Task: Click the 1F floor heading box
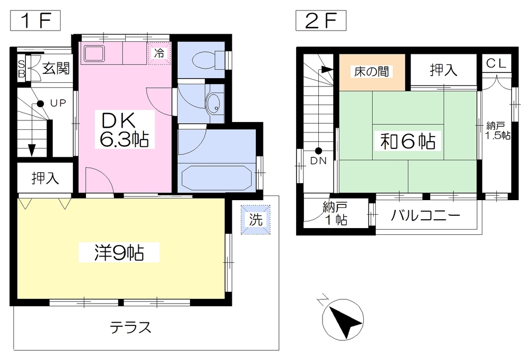35,21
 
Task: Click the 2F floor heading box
321,21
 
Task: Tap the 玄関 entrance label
56,69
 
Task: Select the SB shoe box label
21,69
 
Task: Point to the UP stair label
58,103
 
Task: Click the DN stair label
318,161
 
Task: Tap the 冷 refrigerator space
159,53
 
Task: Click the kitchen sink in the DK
94,53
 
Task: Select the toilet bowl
204,60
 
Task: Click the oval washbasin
213,102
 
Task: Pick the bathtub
217,177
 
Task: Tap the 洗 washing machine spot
256,219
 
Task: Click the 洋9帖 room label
119,252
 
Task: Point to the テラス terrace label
130,327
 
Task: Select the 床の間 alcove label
372,71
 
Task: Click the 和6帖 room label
408,141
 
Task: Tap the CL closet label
496,63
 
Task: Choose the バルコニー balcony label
425,215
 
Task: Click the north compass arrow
343,319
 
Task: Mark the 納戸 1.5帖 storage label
497,131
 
